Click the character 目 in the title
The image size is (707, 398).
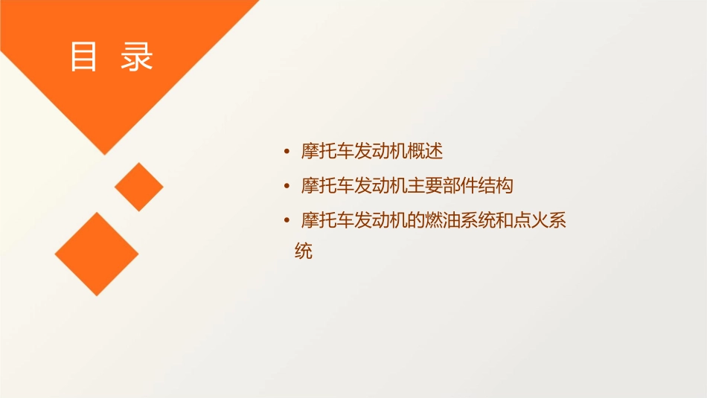click(83, 57)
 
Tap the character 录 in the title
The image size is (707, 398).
click(137, 57)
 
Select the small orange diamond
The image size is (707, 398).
click(138, 187)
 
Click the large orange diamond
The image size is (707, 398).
click(97, 254)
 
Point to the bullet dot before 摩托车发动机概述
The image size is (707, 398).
click(287, 153)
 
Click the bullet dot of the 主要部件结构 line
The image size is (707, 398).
click(287, 186)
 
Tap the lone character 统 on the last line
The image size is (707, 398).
click(304, 252)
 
